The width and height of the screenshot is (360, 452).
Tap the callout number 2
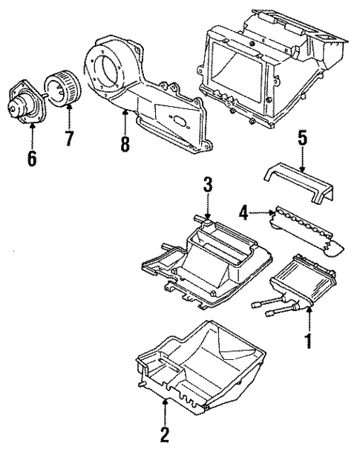pos(164,433)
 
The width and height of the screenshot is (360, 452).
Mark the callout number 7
pos(69,138)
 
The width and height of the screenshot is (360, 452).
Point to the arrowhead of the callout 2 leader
pos(164,402)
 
